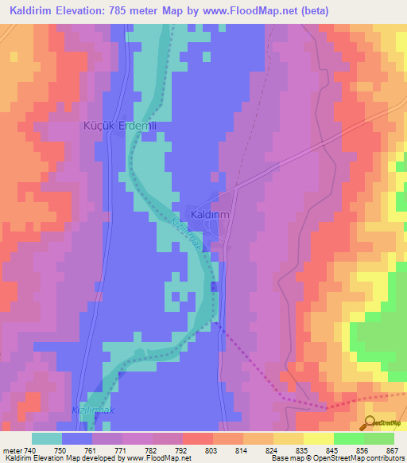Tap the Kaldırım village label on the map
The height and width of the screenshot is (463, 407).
pos(211,214)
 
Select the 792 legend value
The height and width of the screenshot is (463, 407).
pos(160,449)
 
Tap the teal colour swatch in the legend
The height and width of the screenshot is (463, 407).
pos(47,438)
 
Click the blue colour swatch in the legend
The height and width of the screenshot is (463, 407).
pos(77,438)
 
